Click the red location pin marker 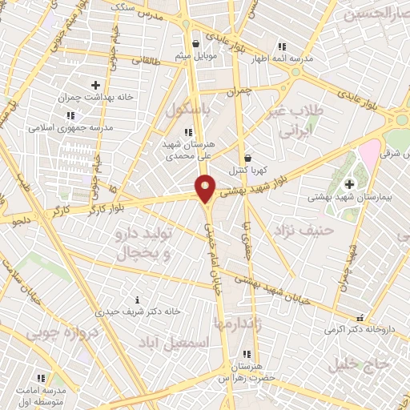pos(206,187)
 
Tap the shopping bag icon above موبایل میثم pos(196,44)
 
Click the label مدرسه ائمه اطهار pos(279,58)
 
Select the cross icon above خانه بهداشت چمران pos(95,84)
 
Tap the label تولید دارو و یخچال pos(134,246)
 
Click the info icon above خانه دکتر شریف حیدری pos(137,299)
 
